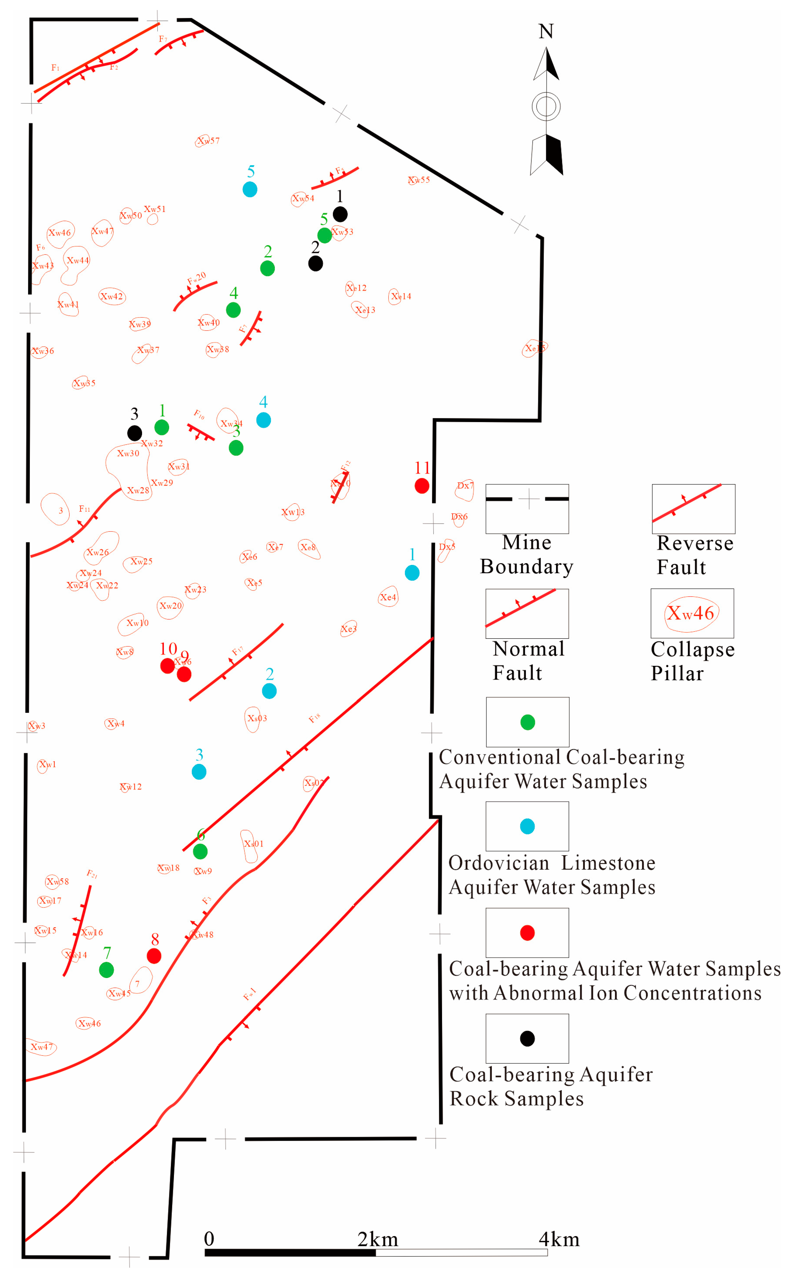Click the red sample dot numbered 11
(x=422, y=486)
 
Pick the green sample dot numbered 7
(x=107, y=970)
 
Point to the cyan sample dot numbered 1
(x=412, y=573)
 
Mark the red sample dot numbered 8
(x=154, y=956)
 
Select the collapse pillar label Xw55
(x=419, y=180)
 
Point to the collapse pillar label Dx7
(x=465, y=486)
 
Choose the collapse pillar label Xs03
(x=257, y=718)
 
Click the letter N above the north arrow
(x=546, y=31)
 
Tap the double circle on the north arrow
(x=546, y=107)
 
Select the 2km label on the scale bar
(x=378, y=1240)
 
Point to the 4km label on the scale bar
(x=559, y=1240)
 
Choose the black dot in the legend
(x=527, y=1039)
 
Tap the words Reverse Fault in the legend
(x=694, y=555)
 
